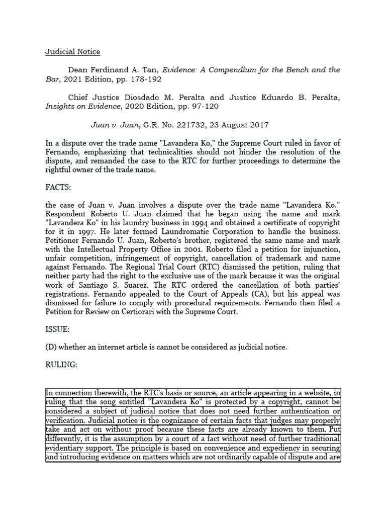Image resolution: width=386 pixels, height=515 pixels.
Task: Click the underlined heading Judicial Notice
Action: pos(73,52)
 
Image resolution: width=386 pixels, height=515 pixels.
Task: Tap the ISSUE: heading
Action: pos(58,330)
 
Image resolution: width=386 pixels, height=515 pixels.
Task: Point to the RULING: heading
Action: pos(61,365)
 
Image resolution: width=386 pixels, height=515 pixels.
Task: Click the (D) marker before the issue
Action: pos(51,348)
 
